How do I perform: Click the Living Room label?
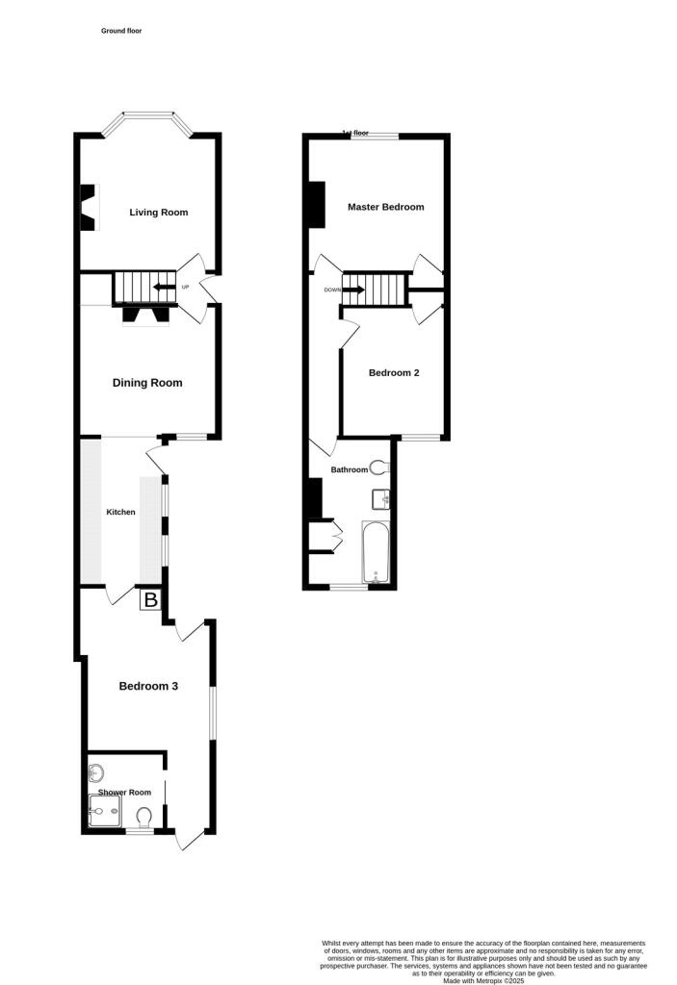coord(159,213)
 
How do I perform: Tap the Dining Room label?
coord(147,383)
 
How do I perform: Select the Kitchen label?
coord(121,512)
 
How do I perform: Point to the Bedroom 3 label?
coord(148,686)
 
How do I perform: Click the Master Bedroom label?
coord(385,207)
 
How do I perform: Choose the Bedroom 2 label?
coord(394,372)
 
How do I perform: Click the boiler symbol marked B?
coord(149,601)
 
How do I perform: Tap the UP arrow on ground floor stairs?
coord(165,287)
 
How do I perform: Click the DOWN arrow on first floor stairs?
coord(353,290)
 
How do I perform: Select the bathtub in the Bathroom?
coord(375,552)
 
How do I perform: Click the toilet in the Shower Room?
coord(144,818)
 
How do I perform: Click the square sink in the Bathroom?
coord(379,498)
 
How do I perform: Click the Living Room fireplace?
coord(88,208)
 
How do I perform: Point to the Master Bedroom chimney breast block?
coord(316,204)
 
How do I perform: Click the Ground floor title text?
coord(121,31)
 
